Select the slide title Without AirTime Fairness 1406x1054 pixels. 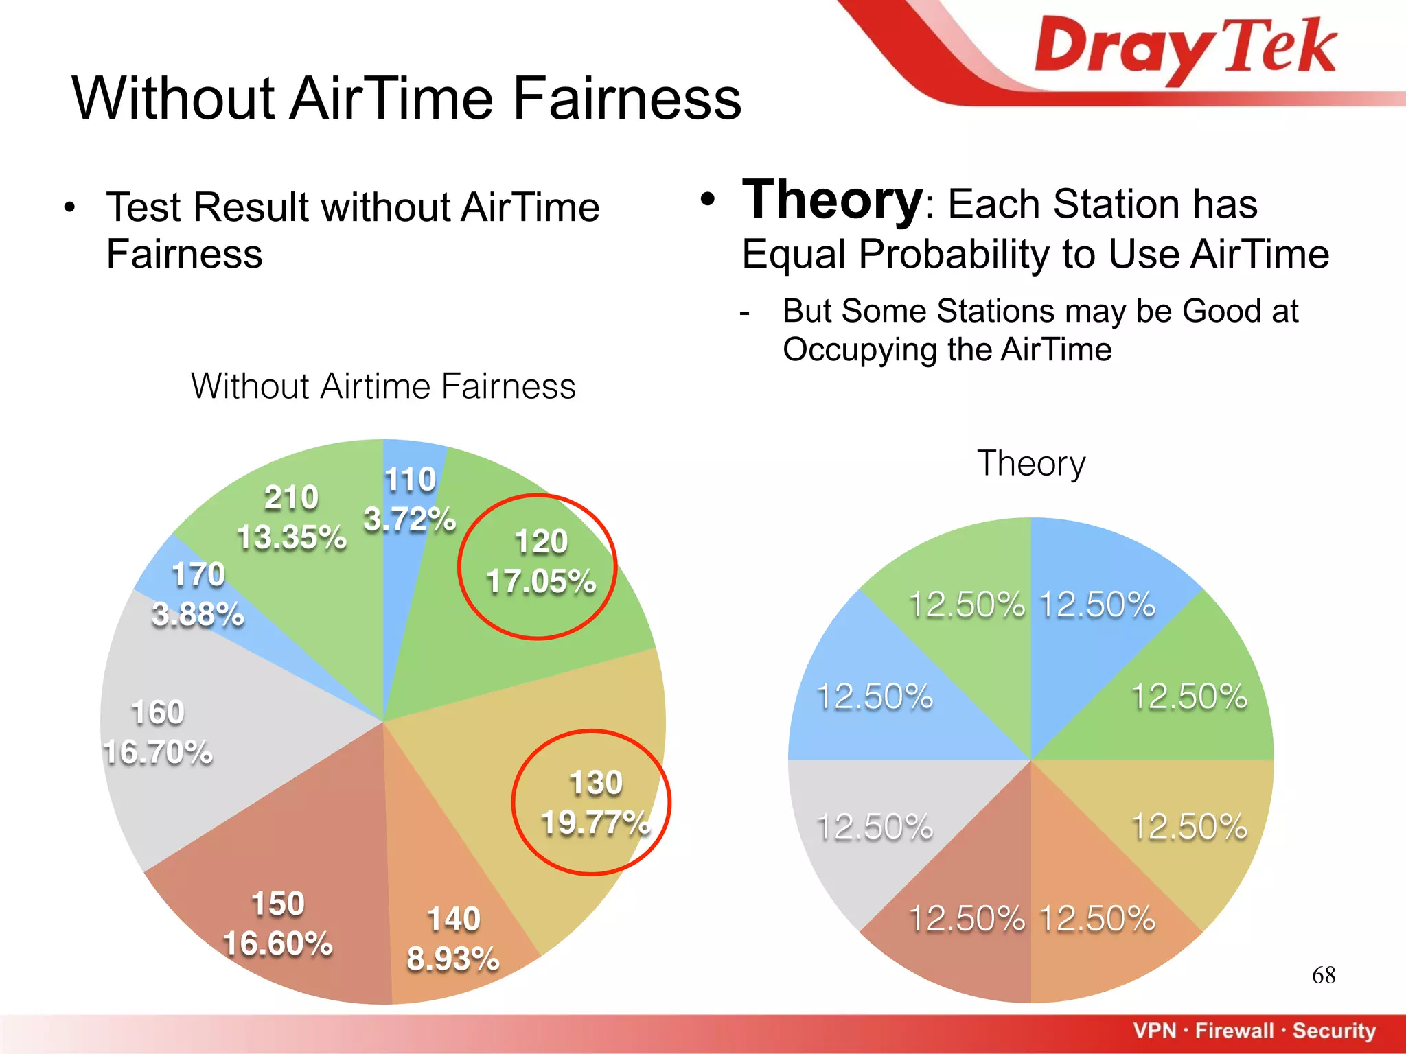(406, 99)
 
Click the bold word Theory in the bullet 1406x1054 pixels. (832, 200)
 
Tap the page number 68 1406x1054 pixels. (1323, 975)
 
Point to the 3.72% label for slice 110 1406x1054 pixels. (409, 519)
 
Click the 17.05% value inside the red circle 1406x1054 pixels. (541, 582)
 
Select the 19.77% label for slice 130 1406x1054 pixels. (595, 823)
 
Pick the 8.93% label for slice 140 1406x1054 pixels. (453, 959)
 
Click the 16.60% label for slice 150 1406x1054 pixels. (278, 944)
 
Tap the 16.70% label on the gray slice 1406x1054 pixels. (158, 753)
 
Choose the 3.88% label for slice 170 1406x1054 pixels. (198, 614)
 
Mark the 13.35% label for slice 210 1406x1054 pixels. (292, 537)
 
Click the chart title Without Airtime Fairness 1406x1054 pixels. (383, 386)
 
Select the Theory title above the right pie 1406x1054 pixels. (1031, 464)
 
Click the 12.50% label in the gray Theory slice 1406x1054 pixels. (875, 827)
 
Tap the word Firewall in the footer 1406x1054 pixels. (1234, 1031)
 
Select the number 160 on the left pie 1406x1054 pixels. (158, 712)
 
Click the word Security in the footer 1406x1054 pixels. (1334, 1031)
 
